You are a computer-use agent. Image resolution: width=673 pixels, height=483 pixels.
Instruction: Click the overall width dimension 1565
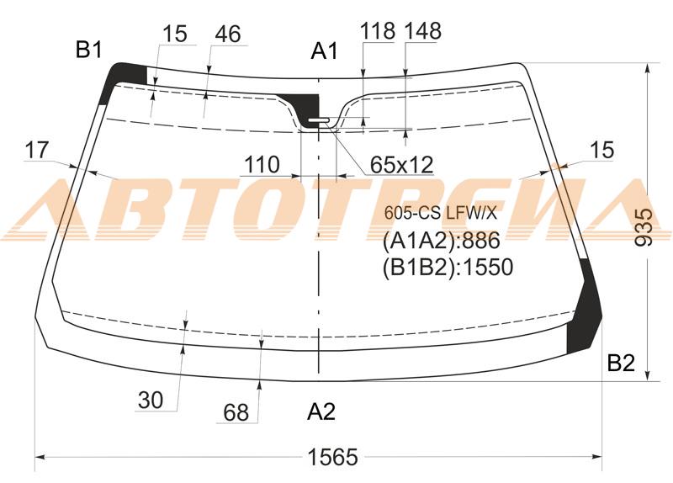coord(332,457)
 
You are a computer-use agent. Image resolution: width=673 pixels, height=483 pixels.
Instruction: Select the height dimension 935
coord(644,227)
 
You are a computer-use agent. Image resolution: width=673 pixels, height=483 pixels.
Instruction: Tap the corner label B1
coord(89,50)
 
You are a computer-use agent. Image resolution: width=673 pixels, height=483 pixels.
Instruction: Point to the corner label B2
coord(621,364)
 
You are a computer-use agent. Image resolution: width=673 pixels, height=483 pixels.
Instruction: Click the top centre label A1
coord(325,51)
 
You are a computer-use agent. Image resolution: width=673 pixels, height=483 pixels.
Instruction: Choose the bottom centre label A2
coord(321,412)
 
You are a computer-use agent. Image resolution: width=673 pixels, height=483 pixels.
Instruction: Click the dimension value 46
coord(227,34)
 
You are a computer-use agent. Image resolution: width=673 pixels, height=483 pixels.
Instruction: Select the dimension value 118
coord(377,31)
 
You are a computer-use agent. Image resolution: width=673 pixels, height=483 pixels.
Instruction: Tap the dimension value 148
coord(423,31)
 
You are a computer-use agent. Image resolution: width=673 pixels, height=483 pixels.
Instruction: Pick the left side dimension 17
coord(37,151)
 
